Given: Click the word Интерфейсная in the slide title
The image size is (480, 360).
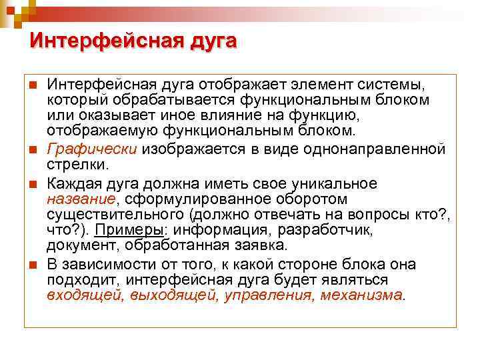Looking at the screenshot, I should point(94,41).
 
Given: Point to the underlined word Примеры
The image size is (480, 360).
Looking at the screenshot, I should point(124,230).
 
